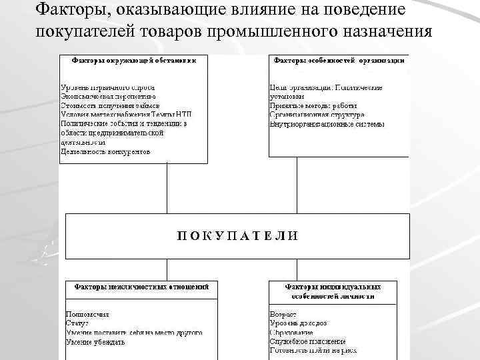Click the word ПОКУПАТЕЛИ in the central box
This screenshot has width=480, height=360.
pos(237,235)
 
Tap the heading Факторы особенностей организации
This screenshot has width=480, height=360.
pos(338,59)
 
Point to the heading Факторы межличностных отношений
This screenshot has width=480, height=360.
pos(141,286)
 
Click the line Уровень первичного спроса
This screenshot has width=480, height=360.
pos(107,87)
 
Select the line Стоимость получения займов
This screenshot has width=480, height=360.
pos(110,105)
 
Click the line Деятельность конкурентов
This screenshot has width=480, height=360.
pos(105,151)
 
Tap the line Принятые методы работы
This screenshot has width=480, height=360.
pos(313,105)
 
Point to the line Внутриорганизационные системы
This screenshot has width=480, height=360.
pos(327,124)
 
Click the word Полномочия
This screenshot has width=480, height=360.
pos(87,313)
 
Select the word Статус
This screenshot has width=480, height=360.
pos(77,323)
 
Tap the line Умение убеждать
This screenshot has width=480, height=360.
pos(95,341)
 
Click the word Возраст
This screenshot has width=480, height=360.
pos(283,313)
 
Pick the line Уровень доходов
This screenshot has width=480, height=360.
pos(298,323)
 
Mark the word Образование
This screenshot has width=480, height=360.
pos(291,332)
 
